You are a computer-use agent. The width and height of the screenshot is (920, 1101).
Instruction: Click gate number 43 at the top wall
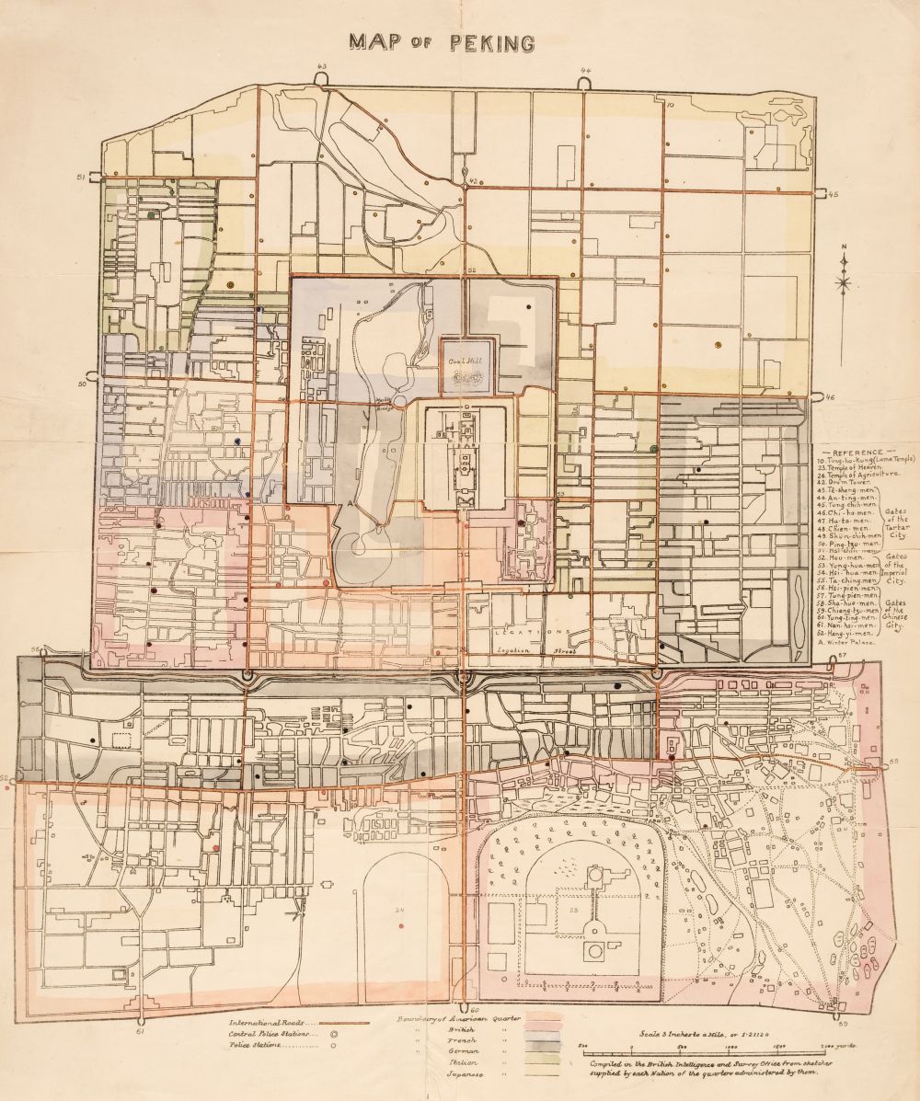click(321, 66)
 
